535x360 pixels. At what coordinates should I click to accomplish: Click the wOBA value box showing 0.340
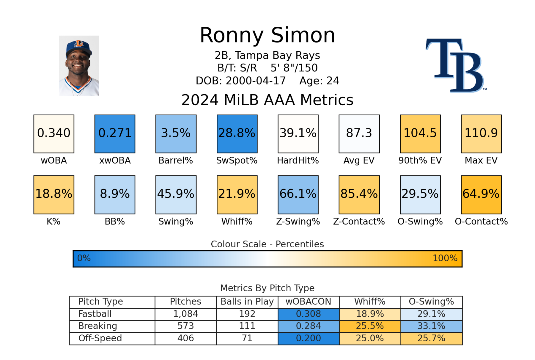point(54,134)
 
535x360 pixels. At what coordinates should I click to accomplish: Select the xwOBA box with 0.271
point(115,134)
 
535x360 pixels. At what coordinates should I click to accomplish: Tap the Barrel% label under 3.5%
point(176,161)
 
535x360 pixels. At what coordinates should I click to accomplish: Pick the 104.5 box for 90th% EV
point(420,134)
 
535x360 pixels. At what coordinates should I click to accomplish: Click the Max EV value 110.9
point(481,134)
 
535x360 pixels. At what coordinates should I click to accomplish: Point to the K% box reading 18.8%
point(54,195)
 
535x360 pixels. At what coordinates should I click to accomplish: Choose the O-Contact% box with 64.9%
point(481,195)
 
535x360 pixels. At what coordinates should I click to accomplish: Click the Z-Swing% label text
point(298,221)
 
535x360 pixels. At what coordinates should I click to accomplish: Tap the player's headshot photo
point(79,66)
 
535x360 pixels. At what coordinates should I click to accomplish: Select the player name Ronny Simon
point(267,35)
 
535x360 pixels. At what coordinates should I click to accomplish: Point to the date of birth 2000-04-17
point(255,81)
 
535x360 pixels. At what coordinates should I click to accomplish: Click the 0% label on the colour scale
point(84,258)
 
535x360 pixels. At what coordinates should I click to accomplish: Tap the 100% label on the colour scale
point(445,258)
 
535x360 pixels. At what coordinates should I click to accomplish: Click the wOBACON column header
point(308,302)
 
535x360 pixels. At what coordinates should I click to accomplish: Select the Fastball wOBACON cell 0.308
point(308,314)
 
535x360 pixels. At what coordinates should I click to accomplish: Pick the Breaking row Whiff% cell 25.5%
point(370,326)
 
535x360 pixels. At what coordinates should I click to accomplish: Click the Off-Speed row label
point(100,338)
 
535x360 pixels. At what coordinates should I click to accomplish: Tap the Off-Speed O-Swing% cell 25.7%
point(431,338)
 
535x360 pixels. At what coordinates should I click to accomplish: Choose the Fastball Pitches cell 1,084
point(185,314)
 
